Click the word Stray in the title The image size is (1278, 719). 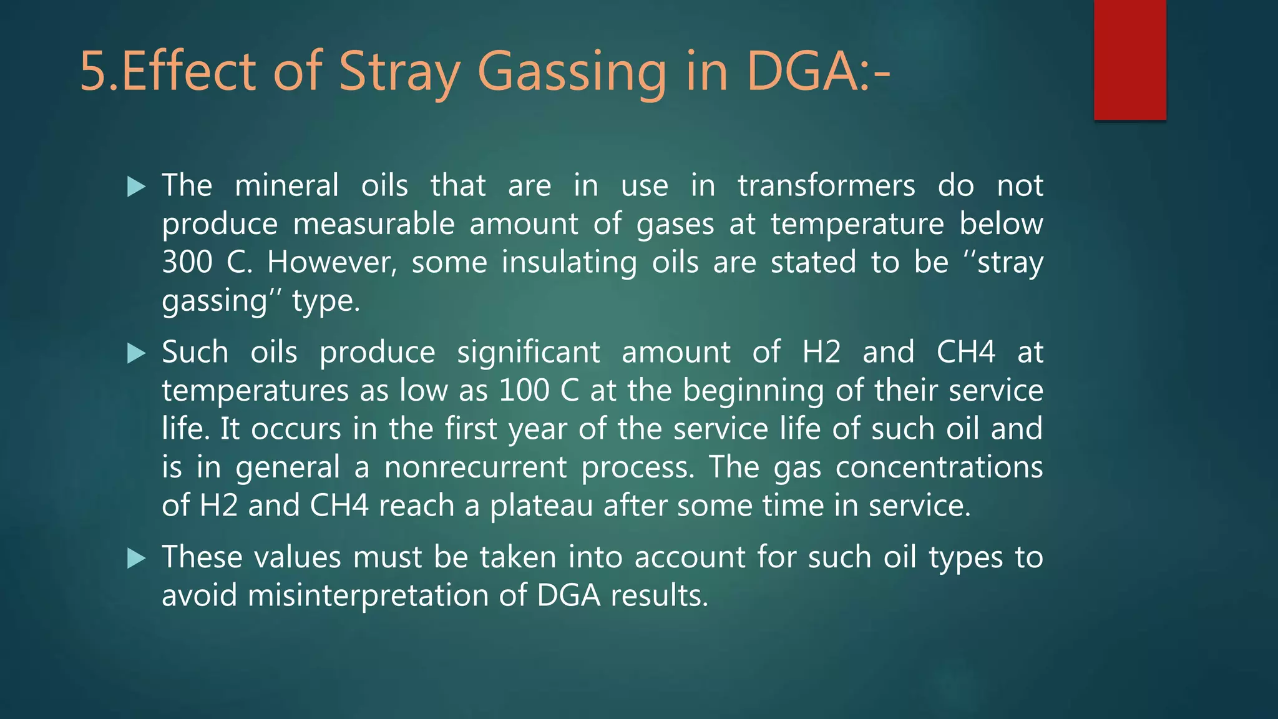400,72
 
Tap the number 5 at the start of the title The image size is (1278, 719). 93,72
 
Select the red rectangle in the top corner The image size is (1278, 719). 1129,60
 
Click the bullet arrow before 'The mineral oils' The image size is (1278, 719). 136,186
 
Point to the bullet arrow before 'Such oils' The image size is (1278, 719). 136,353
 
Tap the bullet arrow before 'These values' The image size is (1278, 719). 136,558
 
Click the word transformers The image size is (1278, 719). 826,186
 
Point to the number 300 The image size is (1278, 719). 187,262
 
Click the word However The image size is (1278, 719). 331,262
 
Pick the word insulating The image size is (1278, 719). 569,262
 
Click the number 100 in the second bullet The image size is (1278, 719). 524,391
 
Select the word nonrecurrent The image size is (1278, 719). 475,467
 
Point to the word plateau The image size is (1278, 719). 541,506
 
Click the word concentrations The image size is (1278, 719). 939,467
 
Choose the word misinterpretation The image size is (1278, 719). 367,595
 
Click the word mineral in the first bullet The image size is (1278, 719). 286,186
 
